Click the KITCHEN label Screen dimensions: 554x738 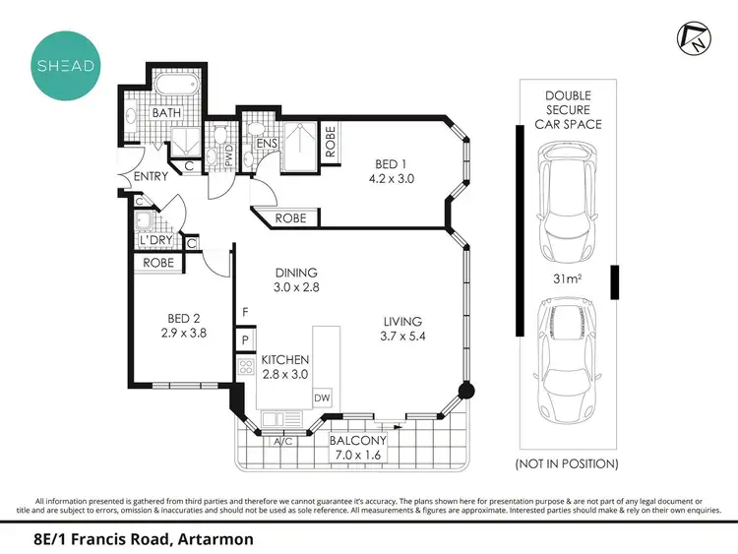285,360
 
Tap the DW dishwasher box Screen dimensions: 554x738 321,397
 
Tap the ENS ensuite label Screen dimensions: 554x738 266,145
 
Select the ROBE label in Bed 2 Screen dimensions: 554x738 158,263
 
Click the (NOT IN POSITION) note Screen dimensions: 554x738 566,462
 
